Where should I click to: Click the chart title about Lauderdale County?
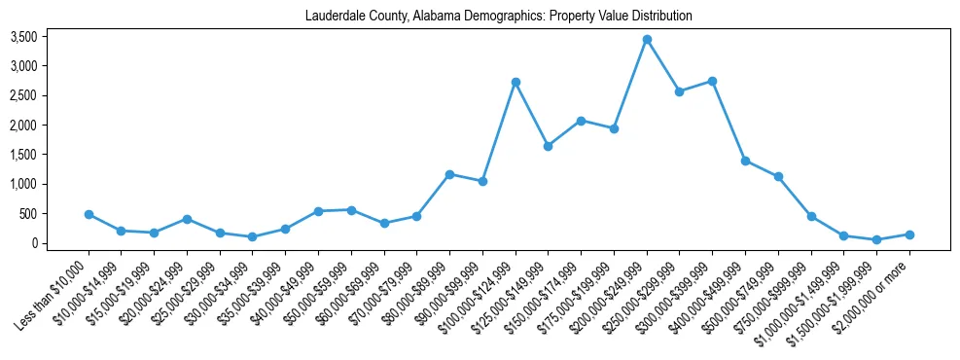coord(498,16)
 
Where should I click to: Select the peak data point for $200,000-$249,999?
coord(647,39)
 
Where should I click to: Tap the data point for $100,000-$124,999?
coord(516,82)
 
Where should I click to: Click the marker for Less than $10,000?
coord(89,214)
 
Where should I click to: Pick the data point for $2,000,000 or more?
coord(909,234)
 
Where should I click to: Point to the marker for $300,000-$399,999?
coord(713,81)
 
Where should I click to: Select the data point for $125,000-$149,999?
coord(549,146)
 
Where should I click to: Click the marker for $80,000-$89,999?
coord(449,174)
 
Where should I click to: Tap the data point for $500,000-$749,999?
coord(778,176)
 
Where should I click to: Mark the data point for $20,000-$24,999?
coord(187,219)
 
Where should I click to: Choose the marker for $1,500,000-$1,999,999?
coord(876,239)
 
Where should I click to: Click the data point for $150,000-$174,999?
coord(581,121)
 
